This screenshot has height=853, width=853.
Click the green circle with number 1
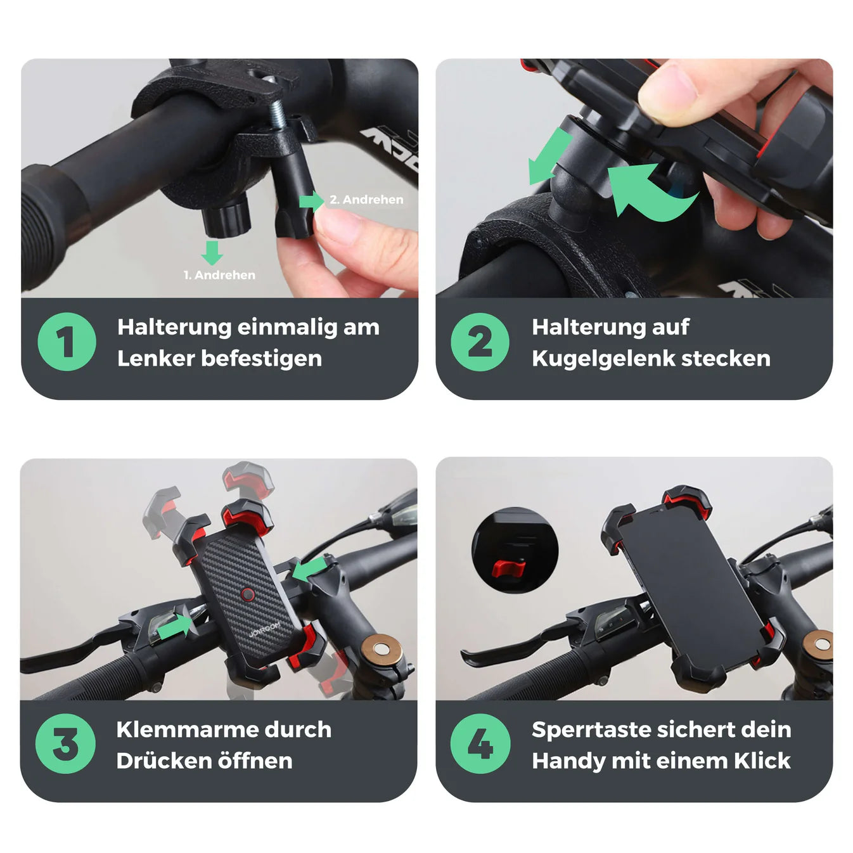click(x=67, y=342)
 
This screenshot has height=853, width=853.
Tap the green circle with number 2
click(x=480, y=342)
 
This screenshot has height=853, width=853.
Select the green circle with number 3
click(x=65, y=743)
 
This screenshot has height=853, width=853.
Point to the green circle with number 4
click(x=480, y=743)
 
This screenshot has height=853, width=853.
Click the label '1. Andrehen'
click(x=219, y=275)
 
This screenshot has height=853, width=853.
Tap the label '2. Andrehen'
click(x=366, y=200)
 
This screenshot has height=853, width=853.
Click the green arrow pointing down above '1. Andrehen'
click(x=212, y=253)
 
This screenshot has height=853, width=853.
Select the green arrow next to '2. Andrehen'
click(x=312, y=202)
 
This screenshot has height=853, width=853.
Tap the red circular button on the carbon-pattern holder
click(x=248, y=594)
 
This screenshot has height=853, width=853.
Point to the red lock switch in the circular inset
click(x=509, y=568)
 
